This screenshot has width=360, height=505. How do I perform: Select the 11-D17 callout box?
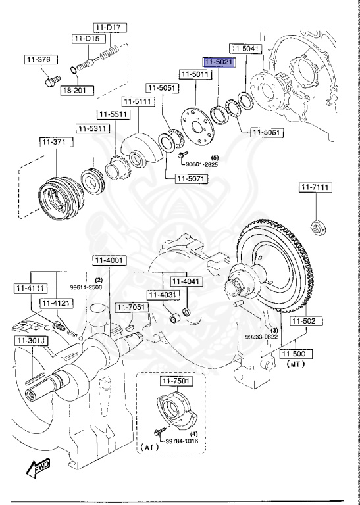109,27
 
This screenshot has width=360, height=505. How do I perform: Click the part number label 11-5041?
245,48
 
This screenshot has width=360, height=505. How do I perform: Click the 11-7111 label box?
315,188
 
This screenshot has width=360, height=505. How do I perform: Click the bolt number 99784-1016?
182,441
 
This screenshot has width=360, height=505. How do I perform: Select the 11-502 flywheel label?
304,321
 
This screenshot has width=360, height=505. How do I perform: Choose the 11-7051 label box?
130,307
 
